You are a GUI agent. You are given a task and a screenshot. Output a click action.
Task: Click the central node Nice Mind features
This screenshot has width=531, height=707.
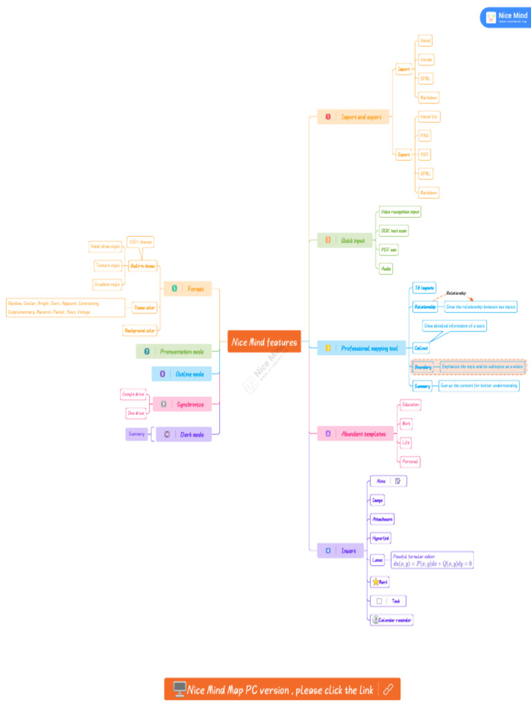coord(264,342)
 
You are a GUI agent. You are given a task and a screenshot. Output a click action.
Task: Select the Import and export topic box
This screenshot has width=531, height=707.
coord(353,117)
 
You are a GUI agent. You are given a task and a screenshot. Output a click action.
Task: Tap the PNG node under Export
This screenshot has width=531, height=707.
coord(425,136)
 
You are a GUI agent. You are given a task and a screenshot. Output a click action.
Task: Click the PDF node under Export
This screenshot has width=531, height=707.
coord(425,155)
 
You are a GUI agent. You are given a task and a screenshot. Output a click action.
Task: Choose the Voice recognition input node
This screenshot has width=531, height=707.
coord(400,211)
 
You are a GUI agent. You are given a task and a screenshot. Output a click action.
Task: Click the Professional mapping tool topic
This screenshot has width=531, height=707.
coord(362,349)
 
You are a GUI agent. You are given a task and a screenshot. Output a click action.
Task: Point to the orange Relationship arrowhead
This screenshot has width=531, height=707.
coord(472,300)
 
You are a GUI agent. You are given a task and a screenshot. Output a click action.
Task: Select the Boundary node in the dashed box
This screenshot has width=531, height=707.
coord(423,367)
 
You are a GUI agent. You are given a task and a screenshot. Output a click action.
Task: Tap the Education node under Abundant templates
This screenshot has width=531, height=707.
coord(411,404)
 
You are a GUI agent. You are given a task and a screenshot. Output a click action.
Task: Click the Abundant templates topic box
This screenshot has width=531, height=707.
coord(355,434)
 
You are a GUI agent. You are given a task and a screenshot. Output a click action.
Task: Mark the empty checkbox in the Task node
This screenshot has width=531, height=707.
coord(379,601)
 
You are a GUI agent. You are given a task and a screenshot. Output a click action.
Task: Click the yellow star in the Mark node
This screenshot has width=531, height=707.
coord(375,582)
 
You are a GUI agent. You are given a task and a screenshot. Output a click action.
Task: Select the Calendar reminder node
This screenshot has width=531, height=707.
coord(392,620)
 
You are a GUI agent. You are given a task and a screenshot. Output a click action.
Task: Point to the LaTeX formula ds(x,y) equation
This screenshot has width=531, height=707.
coord(433,564)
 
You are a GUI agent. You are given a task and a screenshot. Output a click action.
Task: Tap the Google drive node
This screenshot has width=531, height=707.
coord(133,394)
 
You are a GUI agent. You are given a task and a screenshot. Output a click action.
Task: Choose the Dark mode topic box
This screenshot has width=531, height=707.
coord(184,434)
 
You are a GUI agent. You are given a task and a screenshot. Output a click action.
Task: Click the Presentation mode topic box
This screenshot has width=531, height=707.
coord(174,351)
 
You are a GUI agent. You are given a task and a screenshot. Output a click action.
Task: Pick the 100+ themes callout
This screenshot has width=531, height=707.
coord(140,242)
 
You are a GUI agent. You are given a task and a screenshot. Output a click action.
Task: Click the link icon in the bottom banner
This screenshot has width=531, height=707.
coord(389,689)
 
